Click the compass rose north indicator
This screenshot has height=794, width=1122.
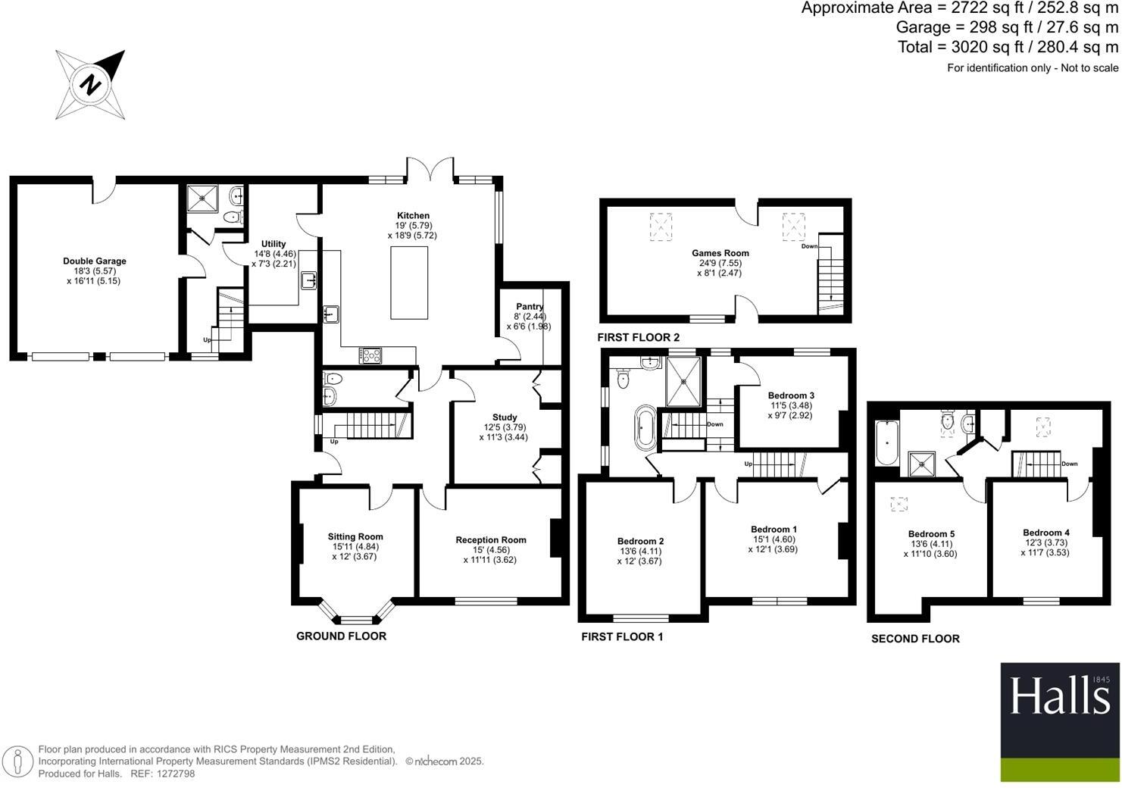90,83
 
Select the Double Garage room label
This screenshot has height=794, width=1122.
95,261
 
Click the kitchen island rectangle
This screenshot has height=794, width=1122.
409,283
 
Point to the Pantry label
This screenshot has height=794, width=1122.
530,307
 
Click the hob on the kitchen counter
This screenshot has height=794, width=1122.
371,355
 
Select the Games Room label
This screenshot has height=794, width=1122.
720,254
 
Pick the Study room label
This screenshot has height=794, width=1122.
505,417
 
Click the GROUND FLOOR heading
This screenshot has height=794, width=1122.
341,636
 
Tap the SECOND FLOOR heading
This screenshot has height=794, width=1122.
915,639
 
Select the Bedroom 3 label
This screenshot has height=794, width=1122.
791,395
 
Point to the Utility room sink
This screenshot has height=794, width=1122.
310,281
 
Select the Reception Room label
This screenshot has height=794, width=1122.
491,540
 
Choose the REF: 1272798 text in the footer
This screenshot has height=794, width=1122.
163,774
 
